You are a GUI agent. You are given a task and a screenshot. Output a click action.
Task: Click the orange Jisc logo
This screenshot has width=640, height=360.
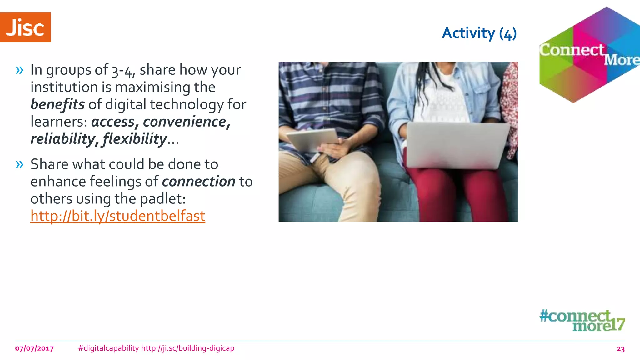point(25,27)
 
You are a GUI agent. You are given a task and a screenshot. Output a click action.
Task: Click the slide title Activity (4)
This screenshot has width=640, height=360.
point(479,33)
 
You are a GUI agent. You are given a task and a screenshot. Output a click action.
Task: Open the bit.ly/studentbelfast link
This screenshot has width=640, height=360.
point(117,216)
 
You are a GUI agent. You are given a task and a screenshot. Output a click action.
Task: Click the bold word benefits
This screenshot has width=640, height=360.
point(57,104)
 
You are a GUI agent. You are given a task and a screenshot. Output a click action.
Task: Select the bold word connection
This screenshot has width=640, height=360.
point(198,182)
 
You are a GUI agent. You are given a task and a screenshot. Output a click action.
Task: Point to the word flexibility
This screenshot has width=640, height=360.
point(135,139)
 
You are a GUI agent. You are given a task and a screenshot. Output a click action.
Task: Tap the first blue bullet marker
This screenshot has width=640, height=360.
point(19,70)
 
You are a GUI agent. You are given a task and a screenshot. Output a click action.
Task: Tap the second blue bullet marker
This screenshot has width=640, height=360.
point(19,164)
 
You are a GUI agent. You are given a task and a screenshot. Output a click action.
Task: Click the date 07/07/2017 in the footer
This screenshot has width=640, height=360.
point(34,348)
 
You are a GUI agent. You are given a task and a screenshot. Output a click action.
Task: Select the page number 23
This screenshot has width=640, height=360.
point(620,349)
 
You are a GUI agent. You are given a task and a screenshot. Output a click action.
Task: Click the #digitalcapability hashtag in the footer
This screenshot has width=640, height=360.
point(108,348)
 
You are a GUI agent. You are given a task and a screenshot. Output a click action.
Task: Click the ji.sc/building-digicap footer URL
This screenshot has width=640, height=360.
point(187,348)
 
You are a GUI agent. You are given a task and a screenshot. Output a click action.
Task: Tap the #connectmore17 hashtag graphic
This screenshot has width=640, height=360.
point(582,320)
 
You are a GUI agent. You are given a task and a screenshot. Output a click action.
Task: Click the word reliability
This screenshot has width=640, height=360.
point(62,139)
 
